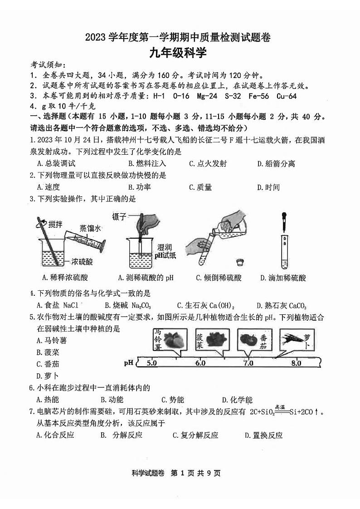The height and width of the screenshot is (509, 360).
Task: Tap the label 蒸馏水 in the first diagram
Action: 90,228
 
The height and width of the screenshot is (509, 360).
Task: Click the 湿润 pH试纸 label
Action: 166,251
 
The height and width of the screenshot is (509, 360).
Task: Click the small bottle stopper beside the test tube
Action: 239,262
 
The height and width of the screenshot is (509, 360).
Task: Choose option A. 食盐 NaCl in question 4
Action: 57,305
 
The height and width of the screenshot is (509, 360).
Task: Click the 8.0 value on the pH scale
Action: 296,363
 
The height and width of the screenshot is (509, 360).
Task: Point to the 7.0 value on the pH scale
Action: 248,363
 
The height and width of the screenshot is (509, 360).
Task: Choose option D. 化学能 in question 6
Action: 237,400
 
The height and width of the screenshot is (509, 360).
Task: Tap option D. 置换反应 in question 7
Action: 263,436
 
